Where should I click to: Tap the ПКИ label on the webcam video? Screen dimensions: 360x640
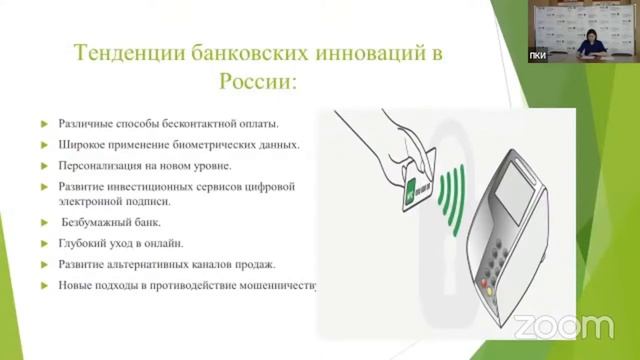(x=538, y=55)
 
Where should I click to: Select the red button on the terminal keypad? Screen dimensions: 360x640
(x=489, y=281)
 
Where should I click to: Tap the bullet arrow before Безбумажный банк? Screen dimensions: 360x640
(x=45, y=223)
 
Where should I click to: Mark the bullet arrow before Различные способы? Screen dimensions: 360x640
(x=45, y=125)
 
